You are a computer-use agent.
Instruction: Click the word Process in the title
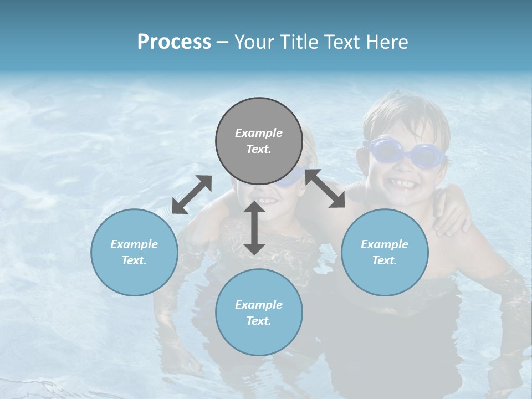[174, 42]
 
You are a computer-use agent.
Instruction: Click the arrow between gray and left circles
[192, 195]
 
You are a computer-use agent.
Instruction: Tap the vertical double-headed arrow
[254, 228]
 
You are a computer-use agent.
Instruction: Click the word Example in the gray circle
[259, 133]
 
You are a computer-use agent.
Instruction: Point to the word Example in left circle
[134, 244]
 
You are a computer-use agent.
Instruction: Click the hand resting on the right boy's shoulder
[452, 213]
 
